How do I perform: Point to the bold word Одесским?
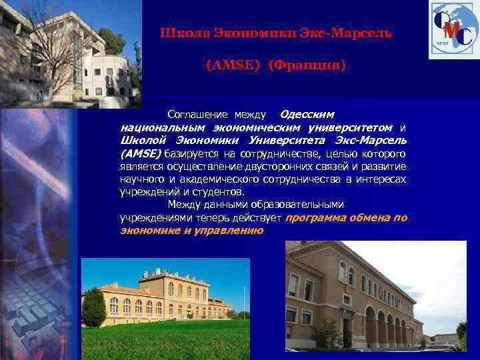307,115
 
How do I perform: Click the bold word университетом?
353,127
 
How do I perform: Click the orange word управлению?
231,230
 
